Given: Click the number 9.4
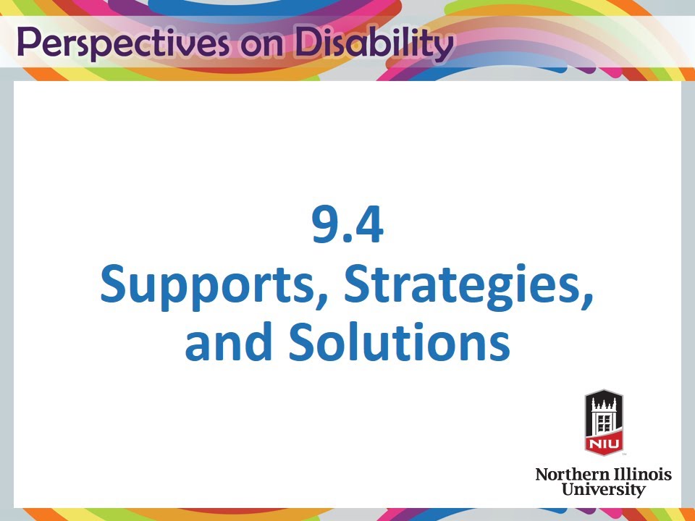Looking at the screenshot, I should click(x=347, y=226).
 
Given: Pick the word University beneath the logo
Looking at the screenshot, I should click(x=603, y=490).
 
